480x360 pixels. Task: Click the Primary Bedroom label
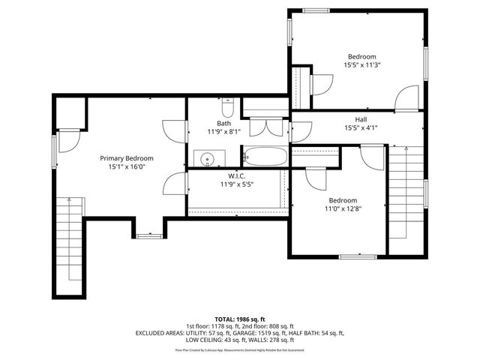click(127, 158)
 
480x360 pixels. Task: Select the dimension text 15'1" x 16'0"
click(127, 167)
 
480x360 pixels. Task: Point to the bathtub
click(264, 157)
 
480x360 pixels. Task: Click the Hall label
click(361, 119)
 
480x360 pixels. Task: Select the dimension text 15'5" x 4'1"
click(361, 128)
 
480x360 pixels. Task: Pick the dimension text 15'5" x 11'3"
click(361, 65)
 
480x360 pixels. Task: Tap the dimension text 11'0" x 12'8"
click(341, 209)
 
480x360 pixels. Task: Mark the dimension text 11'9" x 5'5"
click(236, 184)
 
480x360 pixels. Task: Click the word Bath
click(224, 124)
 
